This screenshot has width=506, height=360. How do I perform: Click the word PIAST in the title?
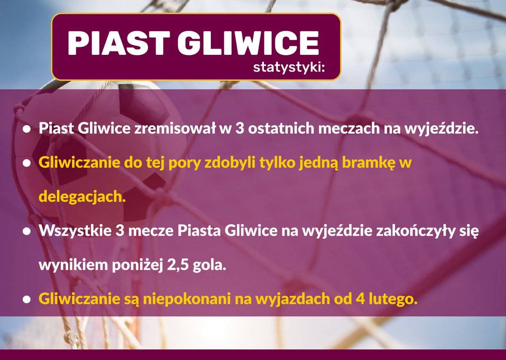point(118,43)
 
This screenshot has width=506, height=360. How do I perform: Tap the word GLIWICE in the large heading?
point(248,43)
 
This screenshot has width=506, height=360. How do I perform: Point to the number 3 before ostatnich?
point(240,129)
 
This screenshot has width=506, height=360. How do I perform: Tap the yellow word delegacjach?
point(82,197)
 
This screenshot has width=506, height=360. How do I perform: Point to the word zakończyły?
point(415,231)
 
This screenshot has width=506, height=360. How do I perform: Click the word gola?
point(210,266)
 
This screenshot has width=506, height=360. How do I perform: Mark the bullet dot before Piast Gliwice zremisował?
point(27,129)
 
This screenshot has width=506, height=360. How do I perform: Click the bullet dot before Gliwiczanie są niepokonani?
point(27,300)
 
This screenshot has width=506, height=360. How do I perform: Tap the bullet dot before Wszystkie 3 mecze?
point(27,231)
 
